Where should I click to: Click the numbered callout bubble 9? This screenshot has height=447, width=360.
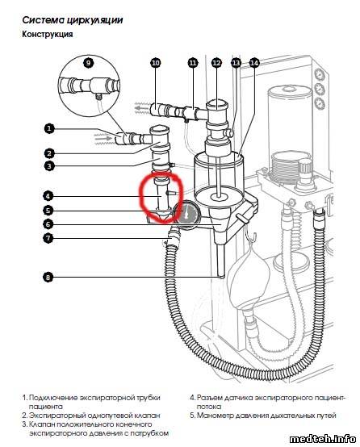pyautogui.click(x=89, y=62)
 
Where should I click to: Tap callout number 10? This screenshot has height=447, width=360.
pyautogui.click(x=156, y=63)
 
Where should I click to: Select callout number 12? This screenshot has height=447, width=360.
pyautogui.click(x=217, y=63)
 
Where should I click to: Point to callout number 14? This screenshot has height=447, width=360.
pyautogui.click(x=254, y=63)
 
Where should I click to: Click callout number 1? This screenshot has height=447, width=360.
pyautogui.click(x=49, y=128)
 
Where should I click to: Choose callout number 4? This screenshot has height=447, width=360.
pyautogui.click(x=48, y=196)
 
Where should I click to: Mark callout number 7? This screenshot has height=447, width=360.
pyautogui.click(x=48, y=238)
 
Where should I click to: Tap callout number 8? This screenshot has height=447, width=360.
pyautogui.click(x=48, y=277)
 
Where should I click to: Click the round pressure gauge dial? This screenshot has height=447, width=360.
pyautogui.click(x=186, y=213)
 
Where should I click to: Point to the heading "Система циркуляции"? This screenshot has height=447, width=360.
pyautogui.click(x=73, y=20)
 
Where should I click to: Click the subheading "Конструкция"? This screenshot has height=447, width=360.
pyautogui.click(x=48, y=34)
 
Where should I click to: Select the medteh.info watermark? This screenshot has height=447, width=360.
pyautogui.click(x=322, y=439)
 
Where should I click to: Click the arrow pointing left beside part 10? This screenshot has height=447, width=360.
pyautogui.click(x=142, y=108)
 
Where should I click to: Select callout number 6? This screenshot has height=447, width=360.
pyautogui.click(x=48, y=224)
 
